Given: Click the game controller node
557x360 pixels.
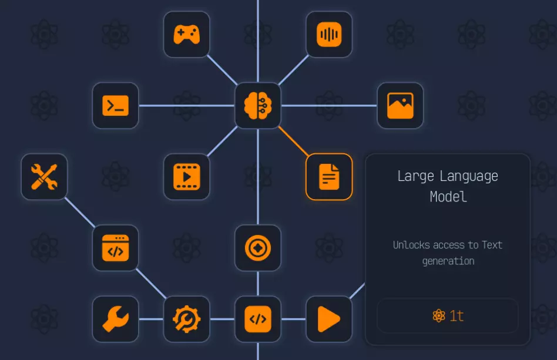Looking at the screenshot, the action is (x=186, y=35).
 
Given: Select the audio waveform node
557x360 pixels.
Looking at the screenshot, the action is (x=329, y=35).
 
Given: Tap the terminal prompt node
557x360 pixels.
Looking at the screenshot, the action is (x=115, y=106).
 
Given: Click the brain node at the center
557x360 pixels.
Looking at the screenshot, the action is (x=258, y=106).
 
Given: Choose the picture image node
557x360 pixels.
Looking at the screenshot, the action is (x=400, y=106).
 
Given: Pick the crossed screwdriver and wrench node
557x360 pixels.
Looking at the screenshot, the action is (x=44, y=177).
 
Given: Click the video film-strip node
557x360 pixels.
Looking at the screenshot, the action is (x=186, y=177).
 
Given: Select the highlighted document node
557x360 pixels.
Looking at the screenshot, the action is (x=329, y=177).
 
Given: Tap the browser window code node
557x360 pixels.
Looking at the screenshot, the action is (x=115, y=248).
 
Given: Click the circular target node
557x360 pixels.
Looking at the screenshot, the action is (x=258, y=248).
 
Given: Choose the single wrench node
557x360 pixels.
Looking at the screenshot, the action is (x=115, y=319).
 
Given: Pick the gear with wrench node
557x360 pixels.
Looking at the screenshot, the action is (x=186, y=319).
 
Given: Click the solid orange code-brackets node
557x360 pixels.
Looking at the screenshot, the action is (x=258, y=319).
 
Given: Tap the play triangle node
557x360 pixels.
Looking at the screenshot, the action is (x=329, y=319).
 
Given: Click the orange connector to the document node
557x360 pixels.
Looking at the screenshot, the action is (x=294, y=142).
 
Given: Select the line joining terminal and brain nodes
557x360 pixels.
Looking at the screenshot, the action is (x=186, y=106).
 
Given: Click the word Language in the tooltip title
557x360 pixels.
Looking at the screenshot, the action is (x=469, y=177).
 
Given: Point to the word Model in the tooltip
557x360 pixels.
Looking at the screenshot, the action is (x=448, y=197).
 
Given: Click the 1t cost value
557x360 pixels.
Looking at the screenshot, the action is (x=457, y=315).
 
